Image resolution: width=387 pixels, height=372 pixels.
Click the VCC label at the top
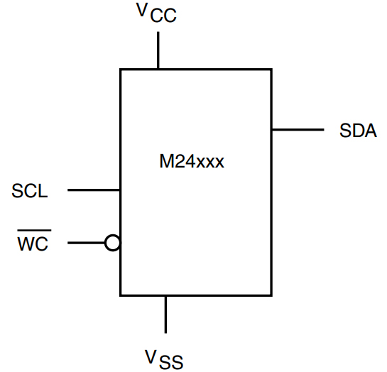click(x=156, y=13)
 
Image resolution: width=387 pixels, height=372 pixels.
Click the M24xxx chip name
click(x=192, y=162)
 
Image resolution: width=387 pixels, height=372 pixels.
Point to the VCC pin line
click(x=158, y=50)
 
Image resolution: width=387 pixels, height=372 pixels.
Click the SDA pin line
click(x=297, y=129)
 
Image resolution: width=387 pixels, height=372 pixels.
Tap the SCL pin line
click(x=93, y=190)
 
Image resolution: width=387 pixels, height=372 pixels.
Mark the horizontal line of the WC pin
click(x=86, y=244)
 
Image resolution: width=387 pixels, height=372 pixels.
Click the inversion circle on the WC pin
click(x=112, y=244)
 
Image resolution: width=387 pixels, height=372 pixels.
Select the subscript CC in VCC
click(x=163, y=16)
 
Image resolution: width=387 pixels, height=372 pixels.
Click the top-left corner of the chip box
click(x=120, y=70)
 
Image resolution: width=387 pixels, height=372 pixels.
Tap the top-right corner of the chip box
click(x=271, y=70)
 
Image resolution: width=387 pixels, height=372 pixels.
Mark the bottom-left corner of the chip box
click(x=120, y=295)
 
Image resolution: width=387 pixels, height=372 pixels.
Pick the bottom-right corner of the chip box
click(x=271, y=295)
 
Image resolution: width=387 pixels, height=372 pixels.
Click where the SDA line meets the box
click(x=271, y=129)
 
